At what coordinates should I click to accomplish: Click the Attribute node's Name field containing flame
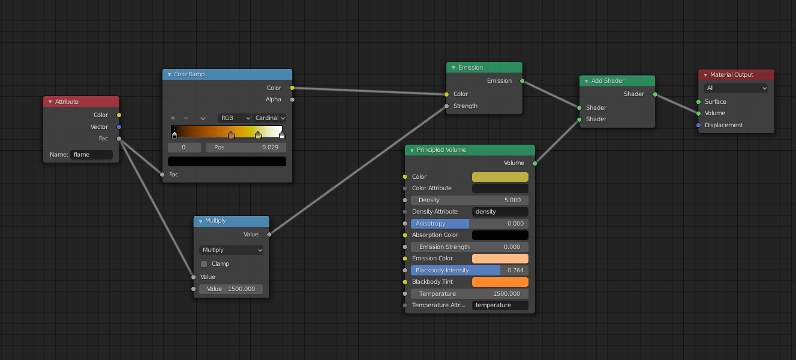[91, 155]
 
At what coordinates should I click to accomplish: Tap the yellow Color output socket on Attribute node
[119, 115]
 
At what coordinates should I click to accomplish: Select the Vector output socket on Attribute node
[119, 127]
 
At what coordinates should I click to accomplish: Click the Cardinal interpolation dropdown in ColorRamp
[269, 118]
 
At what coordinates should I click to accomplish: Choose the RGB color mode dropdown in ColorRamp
[235, 118]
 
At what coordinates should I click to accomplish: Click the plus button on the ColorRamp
[173, 118]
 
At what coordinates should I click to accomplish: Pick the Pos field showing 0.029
[246, 147]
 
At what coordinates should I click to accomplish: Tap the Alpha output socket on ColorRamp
[292, 100]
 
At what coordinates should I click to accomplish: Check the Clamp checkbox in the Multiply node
[204, 264]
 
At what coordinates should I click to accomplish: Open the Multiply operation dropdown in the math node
[231, 250]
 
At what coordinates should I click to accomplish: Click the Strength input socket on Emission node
[446, 106]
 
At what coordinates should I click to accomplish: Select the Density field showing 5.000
[469, 200]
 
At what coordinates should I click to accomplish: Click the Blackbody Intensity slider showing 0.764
[469, 271]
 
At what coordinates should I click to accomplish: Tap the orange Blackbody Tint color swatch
[500, 282]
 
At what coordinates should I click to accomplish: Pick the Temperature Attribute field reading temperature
[500, 305]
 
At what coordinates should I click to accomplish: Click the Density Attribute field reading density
[500, 212]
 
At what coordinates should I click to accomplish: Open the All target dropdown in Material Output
[736, 88]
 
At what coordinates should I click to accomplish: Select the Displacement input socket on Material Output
[698, 125]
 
